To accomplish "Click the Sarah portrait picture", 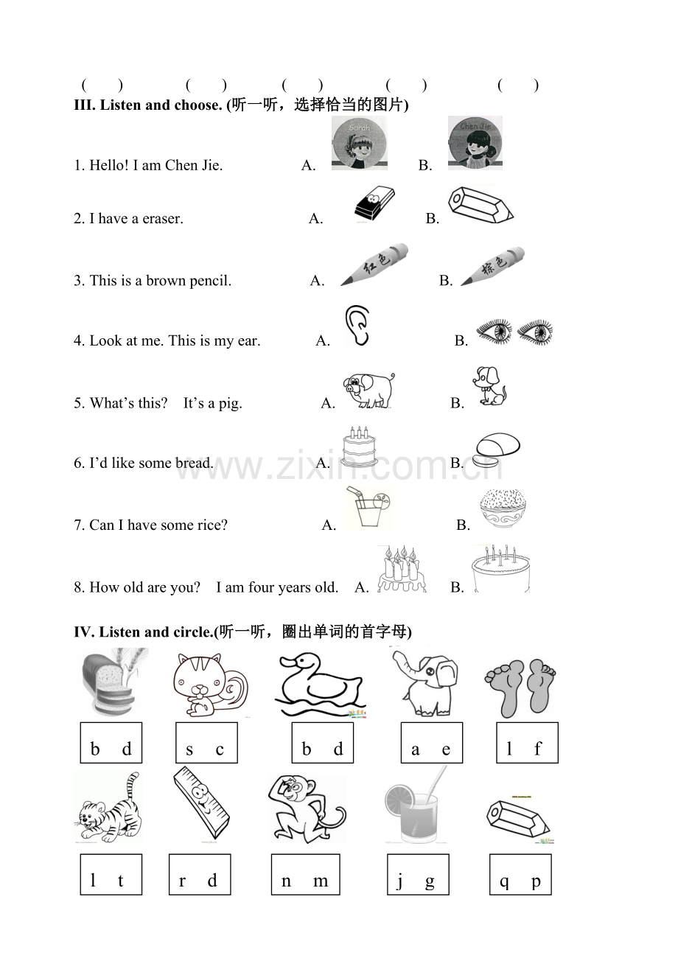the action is click(x=360, y=143).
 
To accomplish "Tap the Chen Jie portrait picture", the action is click(x=475, y=143).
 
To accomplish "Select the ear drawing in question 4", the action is click(x=357, y=326).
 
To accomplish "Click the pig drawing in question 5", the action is click(x=368, y=390).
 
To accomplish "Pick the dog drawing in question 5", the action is click(x=489, y=385).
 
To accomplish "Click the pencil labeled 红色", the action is click(x=374, y=265).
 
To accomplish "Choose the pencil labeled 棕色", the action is click(x=493, y=266).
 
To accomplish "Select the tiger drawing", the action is click(x=109, y=808).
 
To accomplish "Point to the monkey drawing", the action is click(x=307, y=808).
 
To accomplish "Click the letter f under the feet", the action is click(x=538, y=749).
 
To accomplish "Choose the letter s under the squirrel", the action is click(x=189, y=749).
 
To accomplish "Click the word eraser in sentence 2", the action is click(x=163, y=219).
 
